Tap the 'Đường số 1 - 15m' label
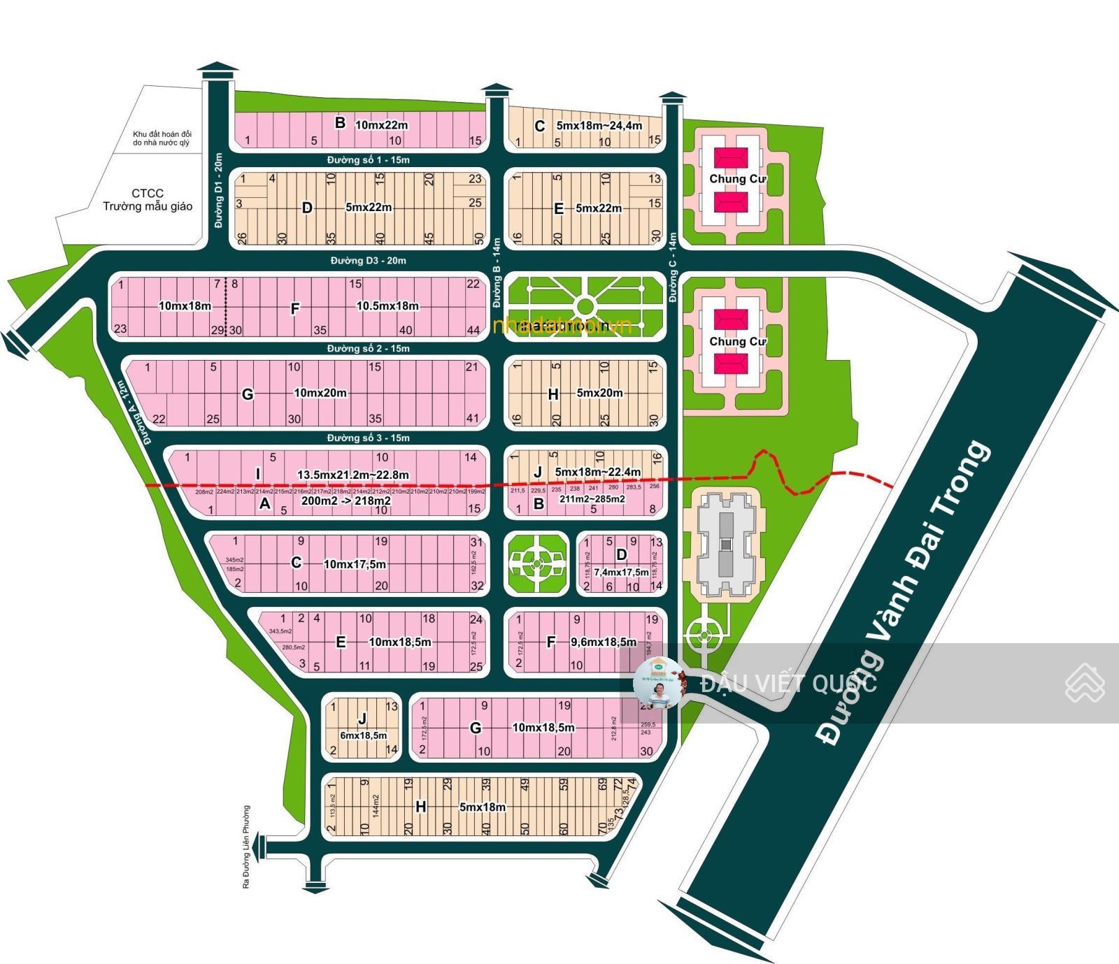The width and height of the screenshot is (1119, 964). coord(369,160)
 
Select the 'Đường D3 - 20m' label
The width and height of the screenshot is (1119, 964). coord(369,261)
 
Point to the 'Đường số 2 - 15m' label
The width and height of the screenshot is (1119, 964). coord(369,348)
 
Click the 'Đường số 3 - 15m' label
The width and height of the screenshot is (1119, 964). coord(369,438)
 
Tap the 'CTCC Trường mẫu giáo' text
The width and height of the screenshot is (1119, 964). coord(148,200)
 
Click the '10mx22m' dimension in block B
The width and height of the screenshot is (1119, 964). coord(382,125)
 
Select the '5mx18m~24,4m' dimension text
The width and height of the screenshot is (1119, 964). coord(599,126)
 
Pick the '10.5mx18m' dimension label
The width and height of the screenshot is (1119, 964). coord(387,305)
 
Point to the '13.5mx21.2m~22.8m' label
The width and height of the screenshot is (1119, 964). coord(353,475)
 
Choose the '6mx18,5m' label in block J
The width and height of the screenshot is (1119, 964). coord(363,735)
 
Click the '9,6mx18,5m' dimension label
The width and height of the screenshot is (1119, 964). coord(604,642)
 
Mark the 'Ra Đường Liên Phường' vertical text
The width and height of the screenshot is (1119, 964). coord(245,847)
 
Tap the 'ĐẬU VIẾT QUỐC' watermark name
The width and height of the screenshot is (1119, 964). coord(789,683)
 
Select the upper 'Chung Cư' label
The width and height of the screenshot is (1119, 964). coord(737,179)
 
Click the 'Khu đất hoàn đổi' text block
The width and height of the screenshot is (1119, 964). coord(162,138)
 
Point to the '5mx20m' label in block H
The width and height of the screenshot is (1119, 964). coord(599,393)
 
